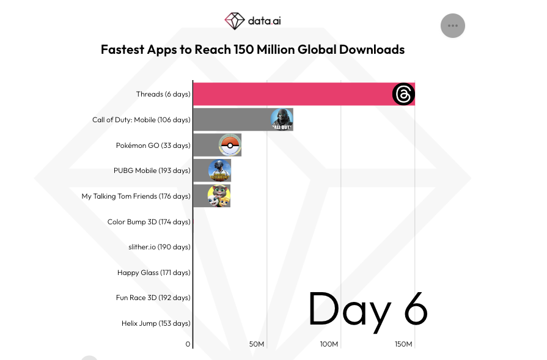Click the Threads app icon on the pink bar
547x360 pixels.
pyautogui.click(x=403, y=94)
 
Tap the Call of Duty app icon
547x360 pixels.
pyautogui.click(x=282, y=119)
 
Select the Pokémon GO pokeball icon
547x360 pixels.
pyautogui.click(x=230, y=145)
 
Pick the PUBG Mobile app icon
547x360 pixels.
pyautogui.click(x=220, y=171)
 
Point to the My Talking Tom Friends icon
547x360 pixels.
pyautogui.click(x=219, y=196)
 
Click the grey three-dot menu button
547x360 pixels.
pyautogui.click(x=453, y=26)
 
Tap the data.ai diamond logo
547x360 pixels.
pyautogui.click(x=235, y=21)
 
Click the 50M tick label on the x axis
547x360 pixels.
pyautogui.click(x=257, y=344)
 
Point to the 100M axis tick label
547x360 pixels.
pyautogui.click(x=329, y=344)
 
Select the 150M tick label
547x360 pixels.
pyautogui.click(x=403, y=344)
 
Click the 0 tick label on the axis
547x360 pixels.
pyautogui.click(x=188, y=344)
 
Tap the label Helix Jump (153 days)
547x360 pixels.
pyautogui.click(x=156, y=323)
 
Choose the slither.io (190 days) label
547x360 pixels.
pyautogui.click(x=160, y=247)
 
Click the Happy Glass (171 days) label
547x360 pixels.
pyautogui.click(x=154, y=273)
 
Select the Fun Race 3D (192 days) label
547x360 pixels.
pyautogui.click(x=153, y=298)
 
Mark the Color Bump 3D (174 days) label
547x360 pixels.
pyautogui.click(x=149, y=222)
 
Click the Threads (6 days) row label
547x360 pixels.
pyautogui.click(x=163, y=94)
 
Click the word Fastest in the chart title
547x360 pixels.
pyautogui.click(x=122, y=50)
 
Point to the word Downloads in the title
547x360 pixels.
pyautogui.click(x=372, y=50)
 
